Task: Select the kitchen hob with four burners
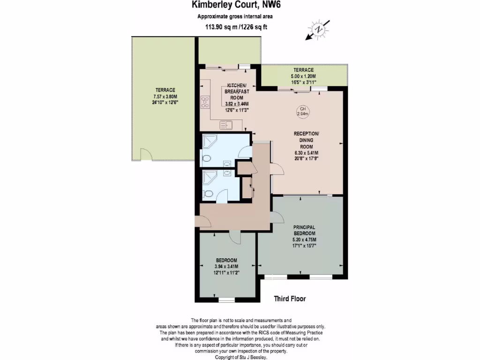coord(205,102)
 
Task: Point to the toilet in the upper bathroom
coord(207,158)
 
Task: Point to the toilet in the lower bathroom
coord(208,194)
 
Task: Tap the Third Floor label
coord(290,298)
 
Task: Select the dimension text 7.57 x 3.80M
coord(165,96)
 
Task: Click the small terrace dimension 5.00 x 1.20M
coord(304,76)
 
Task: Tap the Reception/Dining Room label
coord(306,140)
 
